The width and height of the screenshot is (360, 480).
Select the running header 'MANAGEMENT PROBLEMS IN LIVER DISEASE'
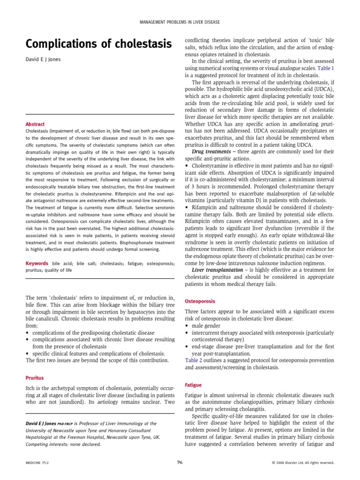click(x=180, y=22)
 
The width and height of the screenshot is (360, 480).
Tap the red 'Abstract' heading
click(x=35, y=124)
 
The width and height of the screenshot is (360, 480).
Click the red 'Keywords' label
click(x=37, y=263)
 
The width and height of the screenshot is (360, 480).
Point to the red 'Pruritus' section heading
click(x=36, y=377)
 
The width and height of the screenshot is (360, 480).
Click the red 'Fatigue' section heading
click(x=194, y=385)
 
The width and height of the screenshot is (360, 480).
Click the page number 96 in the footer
click(x=180, y=462)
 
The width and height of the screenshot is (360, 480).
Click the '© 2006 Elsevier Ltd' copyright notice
click(x=303, y=463)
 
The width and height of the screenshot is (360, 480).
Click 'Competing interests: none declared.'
click(x=63, y=444)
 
